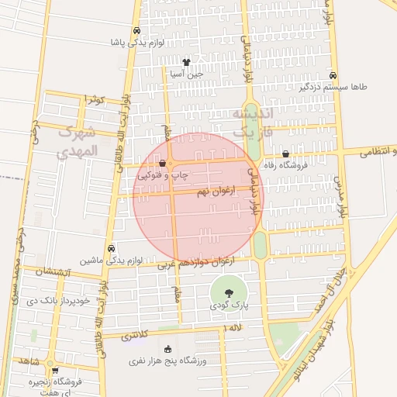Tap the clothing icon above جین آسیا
coord(186,62)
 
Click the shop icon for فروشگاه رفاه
coord(286,154)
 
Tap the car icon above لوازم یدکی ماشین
coord(112,248)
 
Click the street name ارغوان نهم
coord(215,191)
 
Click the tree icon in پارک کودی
coord(230,293)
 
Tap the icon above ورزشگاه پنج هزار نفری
coord(168,349)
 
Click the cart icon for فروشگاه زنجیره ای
coord(54,371)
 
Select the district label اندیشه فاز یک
coord(254,124)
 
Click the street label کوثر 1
coord(95,99)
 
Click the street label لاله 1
coord(233,330)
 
